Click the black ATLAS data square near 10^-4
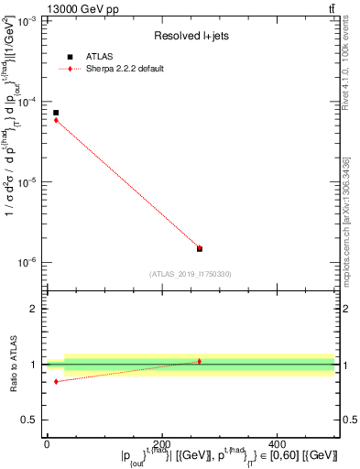point(56,113)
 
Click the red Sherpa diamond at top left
point(56,120)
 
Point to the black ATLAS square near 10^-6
point(200,248)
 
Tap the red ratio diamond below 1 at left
point(56,381)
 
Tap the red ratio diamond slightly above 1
point(200,361)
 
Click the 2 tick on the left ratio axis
point(34,309)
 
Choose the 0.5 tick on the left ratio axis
point(30,420)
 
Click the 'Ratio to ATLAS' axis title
point(12,365)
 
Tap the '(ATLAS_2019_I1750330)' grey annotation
point(191,273)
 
